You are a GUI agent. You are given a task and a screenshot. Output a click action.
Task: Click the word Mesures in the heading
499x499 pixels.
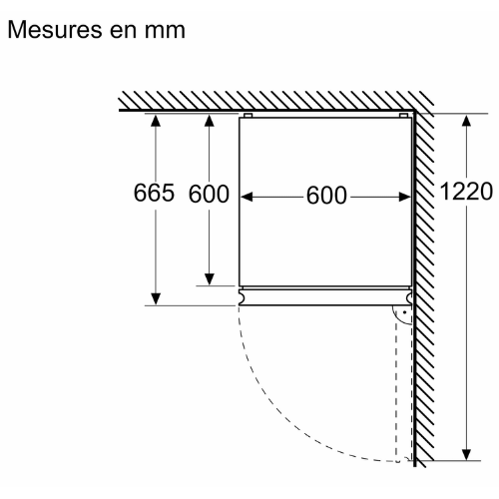click(x=55, y=30)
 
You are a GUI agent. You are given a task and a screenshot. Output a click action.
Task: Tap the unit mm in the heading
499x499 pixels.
click(x=165, y=32)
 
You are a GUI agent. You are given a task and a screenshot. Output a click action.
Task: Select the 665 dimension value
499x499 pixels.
click(x=154, y=193)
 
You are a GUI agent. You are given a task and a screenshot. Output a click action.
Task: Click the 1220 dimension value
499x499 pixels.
click(x=466, y=192)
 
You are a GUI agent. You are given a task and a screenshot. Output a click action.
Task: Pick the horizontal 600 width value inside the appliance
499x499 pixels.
click(x=326, y=196)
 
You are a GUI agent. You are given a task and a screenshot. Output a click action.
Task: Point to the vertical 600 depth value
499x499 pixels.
click(x=209, y=194)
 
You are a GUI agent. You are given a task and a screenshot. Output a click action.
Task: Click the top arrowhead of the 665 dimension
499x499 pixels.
click(x=156, y=120)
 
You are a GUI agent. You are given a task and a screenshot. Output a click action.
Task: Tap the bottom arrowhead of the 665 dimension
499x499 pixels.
click(x=156, y=298)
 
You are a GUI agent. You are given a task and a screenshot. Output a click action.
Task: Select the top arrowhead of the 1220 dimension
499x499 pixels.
click(x=466, y=121)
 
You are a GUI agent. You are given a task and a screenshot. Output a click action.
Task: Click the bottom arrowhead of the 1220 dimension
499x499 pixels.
click(x=466, y=454)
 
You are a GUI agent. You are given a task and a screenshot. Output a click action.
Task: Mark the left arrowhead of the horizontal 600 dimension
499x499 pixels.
click(x=247, y=197)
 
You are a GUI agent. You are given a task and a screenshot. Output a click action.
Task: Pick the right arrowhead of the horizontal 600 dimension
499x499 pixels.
click(x=405, y=197)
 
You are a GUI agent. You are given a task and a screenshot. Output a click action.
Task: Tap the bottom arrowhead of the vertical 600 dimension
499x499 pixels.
click(x=210, y=279)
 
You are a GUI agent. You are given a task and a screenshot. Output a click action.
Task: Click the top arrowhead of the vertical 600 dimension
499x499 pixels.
click(x=210, y=121)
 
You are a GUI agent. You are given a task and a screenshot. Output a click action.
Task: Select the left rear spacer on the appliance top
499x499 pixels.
click(x=249, y=116)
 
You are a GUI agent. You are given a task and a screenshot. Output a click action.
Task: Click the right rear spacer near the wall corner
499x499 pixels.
click(x=403, y=116)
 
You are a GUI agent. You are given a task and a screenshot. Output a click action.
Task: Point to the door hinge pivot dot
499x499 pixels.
click(x=404, y=312)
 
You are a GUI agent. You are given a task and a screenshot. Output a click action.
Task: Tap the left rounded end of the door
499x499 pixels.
click(x=242, y=297)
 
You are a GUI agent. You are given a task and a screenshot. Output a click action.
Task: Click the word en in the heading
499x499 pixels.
click(x=124, y=32)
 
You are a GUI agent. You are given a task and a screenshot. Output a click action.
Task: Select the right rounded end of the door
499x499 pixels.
click(x=409, y=297)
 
